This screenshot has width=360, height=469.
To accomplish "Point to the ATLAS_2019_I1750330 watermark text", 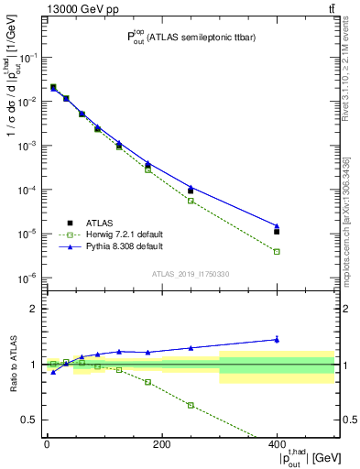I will tap(190, 273).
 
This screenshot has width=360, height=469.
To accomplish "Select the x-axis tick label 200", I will tap(161, 444).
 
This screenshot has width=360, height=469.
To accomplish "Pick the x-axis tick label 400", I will tap(277, 444).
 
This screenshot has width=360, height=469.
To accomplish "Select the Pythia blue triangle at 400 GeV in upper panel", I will tap(277, 225).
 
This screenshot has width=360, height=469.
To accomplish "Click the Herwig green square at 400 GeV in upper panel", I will tap(277, 251).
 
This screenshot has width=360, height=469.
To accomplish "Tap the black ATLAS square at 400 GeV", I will tap(277, 232).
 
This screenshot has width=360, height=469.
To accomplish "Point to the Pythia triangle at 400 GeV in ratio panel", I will tap(277, 339).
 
